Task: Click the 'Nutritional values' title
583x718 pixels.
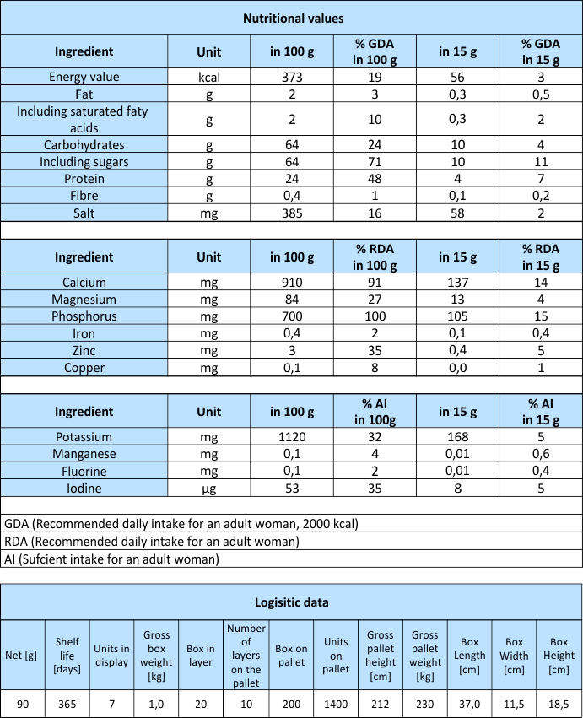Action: (292, 18)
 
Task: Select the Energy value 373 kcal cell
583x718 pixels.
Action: (293, 77)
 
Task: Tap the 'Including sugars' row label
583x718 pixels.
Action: (84, 161)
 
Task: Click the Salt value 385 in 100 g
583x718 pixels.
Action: (293, 213)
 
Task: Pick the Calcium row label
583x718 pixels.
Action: (84, 283)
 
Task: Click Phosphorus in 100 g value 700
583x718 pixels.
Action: (293, 316)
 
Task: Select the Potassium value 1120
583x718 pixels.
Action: (293, 438)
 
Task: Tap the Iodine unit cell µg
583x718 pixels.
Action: (208, 489)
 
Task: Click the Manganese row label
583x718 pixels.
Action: (84, 455)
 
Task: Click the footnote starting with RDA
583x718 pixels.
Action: (152, 542)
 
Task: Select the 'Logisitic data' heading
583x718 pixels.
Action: (292, 602)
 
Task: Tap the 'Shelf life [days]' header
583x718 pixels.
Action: (67, 655)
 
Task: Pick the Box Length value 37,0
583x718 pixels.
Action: (470, 703)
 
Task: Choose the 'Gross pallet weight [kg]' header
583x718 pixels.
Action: (425, 655)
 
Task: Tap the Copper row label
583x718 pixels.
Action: (84, 368)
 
